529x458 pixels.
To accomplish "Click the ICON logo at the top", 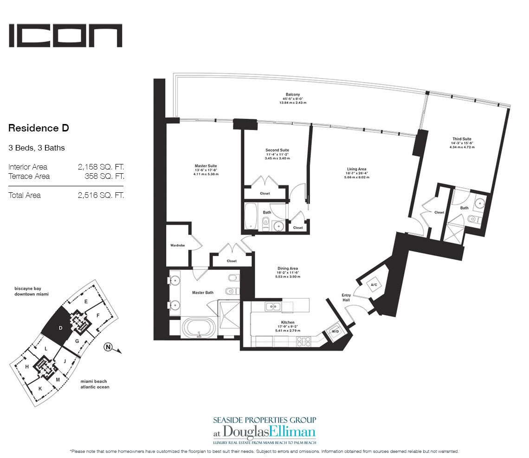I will (x=65, y=36).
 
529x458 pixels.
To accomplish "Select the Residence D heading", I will (x=39, y=128).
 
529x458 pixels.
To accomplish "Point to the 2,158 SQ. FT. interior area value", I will (x=101, y=167).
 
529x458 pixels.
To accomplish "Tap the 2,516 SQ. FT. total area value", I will (x=101, y=195).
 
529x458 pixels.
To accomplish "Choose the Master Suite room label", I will (x=206, y=166).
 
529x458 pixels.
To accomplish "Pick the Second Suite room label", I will (x=277, y=150).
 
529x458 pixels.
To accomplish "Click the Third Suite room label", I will (x=462, y=139).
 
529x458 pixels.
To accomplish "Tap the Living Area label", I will (x=356, y=169).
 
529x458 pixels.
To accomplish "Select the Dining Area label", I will (x=288, y=268).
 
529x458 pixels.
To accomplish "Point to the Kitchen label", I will (x=288, y=322).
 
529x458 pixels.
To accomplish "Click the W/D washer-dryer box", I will (x=335, y=332).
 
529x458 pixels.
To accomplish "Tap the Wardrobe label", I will (x=178, y=246).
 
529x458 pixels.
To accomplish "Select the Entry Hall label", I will (x=346, y=297).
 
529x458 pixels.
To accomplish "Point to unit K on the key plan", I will (x=41, y=388).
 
